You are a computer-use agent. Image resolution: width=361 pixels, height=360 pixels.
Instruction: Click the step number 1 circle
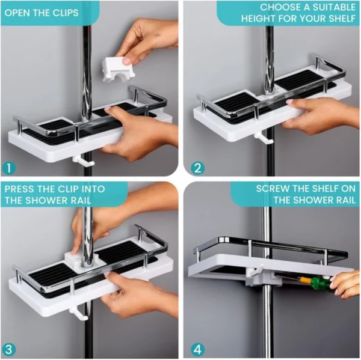click(x=9, y=168)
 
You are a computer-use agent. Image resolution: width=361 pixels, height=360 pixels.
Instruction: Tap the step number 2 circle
click(x=198, y=168)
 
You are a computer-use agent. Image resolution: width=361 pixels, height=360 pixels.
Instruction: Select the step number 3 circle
click(x=9, y=350)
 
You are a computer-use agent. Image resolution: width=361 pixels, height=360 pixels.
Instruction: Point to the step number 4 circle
click(x=198, y=350)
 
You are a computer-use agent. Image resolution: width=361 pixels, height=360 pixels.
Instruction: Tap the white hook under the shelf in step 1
click(x=84, y=160)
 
